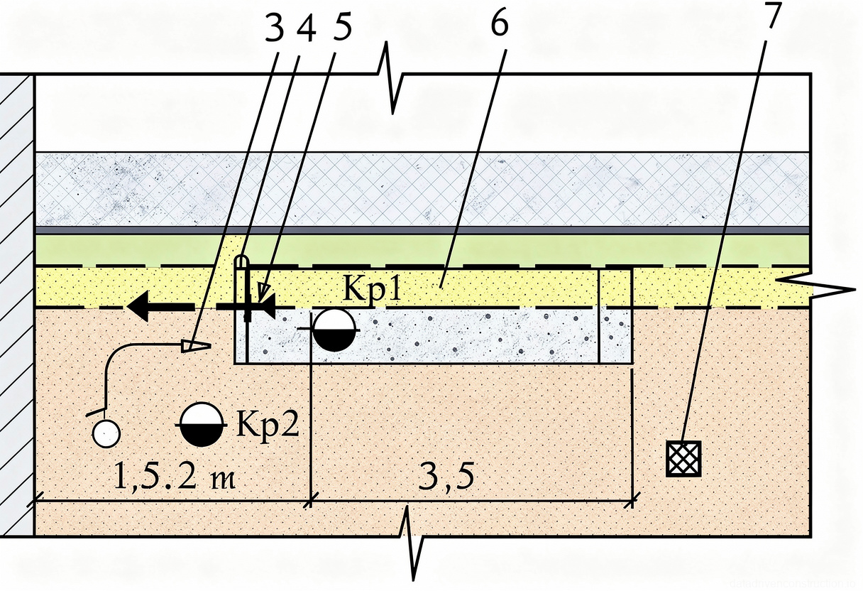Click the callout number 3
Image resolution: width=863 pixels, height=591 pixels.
tap(274, 28)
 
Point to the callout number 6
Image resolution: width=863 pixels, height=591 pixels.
tap(499, 25)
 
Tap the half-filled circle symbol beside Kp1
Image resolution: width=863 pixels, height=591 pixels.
tap(333, 330)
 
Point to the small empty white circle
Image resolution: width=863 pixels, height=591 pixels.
tap(106, 433)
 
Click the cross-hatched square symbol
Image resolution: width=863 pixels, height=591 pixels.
tap(683, 458)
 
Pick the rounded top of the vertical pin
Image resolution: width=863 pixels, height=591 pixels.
tap(243, 261)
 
